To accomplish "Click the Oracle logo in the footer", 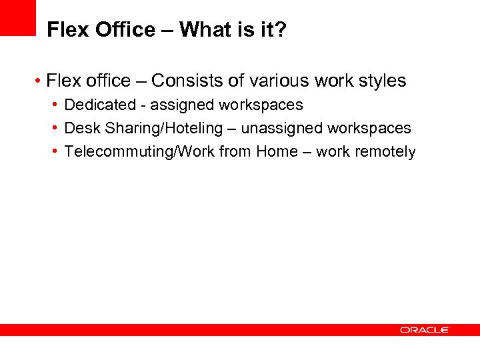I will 425,330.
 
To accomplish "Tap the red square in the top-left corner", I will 17,17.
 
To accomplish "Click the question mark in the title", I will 281,30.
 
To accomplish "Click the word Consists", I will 187,81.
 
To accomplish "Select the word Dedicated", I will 99,105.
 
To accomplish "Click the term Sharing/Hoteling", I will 164,128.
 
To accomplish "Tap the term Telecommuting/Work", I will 137,151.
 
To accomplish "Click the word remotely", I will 385,151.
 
